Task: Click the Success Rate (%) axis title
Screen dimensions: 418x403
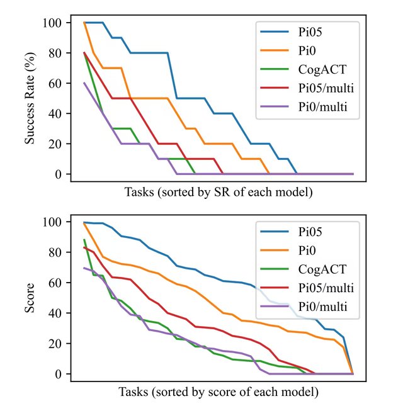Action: [x=30, y=99]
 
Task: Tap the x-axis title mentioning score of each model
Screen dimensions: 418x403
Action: [x=218, y=392]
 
